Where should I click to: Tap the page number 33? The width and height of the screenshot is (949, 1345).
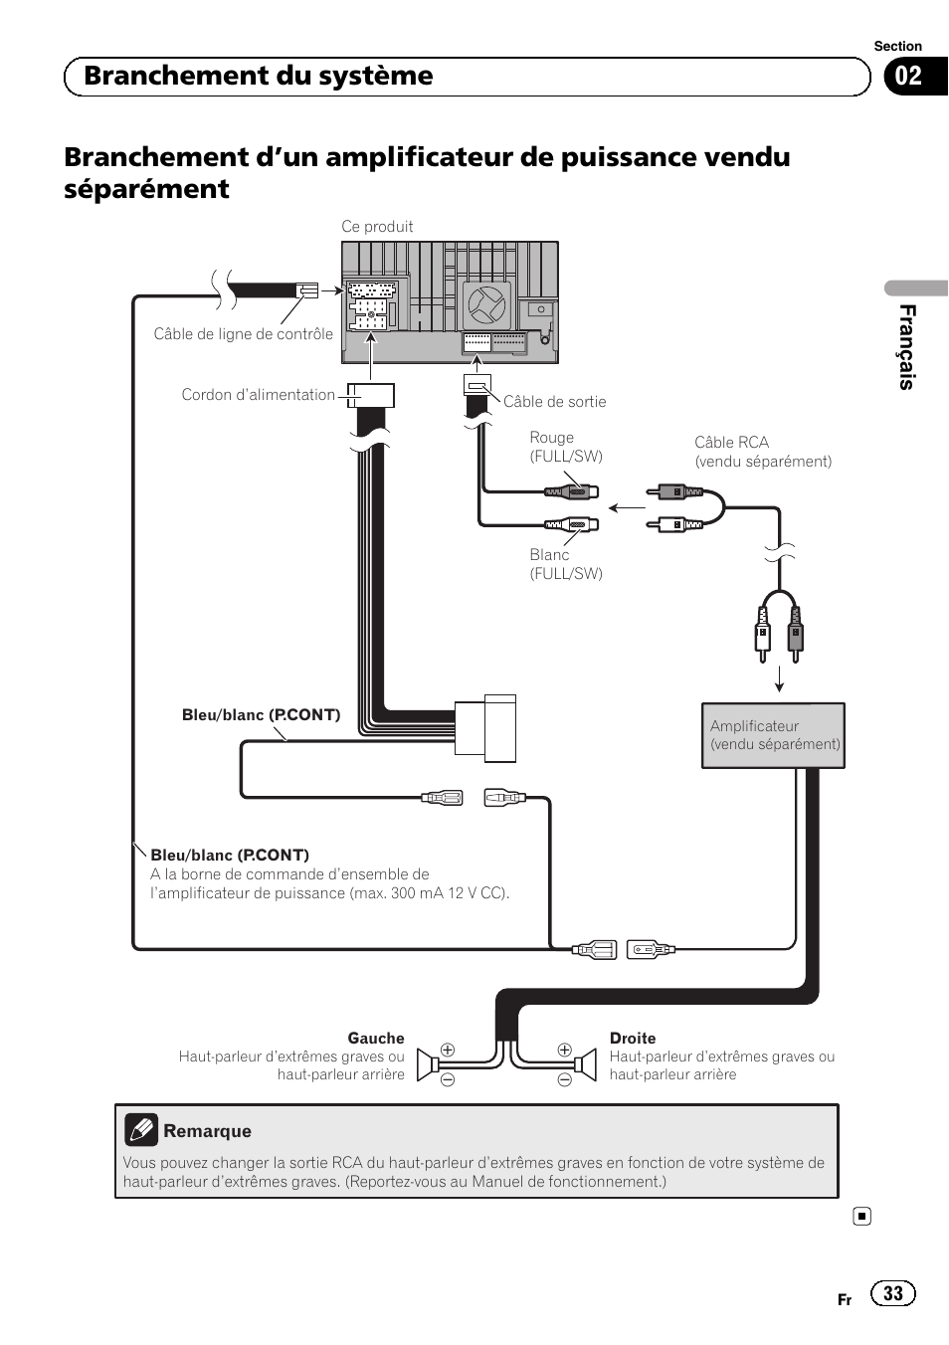(893, 1293)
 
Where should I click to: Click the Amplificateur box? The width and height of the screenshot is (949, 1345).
(773, 735)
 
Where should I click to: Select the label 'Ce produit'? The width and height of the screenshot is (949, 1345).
(377, 227)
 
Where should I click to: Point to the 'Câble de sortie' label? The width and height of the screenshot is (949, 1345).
(554, 402)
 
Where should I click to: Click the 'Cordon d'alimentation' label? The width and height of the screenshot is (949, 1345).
(258, 395)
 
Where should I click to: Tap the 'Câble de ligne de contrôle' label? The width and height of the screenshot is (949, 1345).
(243, 334)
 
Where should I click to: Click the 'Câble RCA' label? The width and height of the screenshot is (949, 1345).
(731, 443)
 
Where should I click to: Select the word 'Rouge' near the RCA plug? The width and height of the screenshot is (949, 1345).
(551, 438)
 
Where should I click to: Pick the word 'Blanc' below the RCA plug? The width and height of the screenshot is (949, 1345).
(549, 555)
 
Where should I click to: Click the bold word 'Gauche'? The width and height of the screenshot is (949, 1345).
(376, 1039)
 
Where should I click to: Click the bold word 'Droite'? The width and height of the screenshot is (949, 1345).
(633, 1039)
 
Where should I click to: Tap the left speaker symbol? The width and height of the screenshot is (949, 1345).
(429, 1064)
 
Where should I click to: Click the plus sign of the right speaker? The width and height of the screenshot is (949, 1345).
(565, 1050)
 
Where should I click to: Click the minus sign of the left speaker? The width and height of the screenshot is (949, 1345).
(448, 1079)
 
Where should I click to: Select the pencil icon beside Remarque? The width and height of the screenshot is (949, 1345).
(141, 1130)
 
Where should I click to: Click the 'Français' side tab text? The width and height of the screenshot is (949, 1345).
(906, 346)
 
